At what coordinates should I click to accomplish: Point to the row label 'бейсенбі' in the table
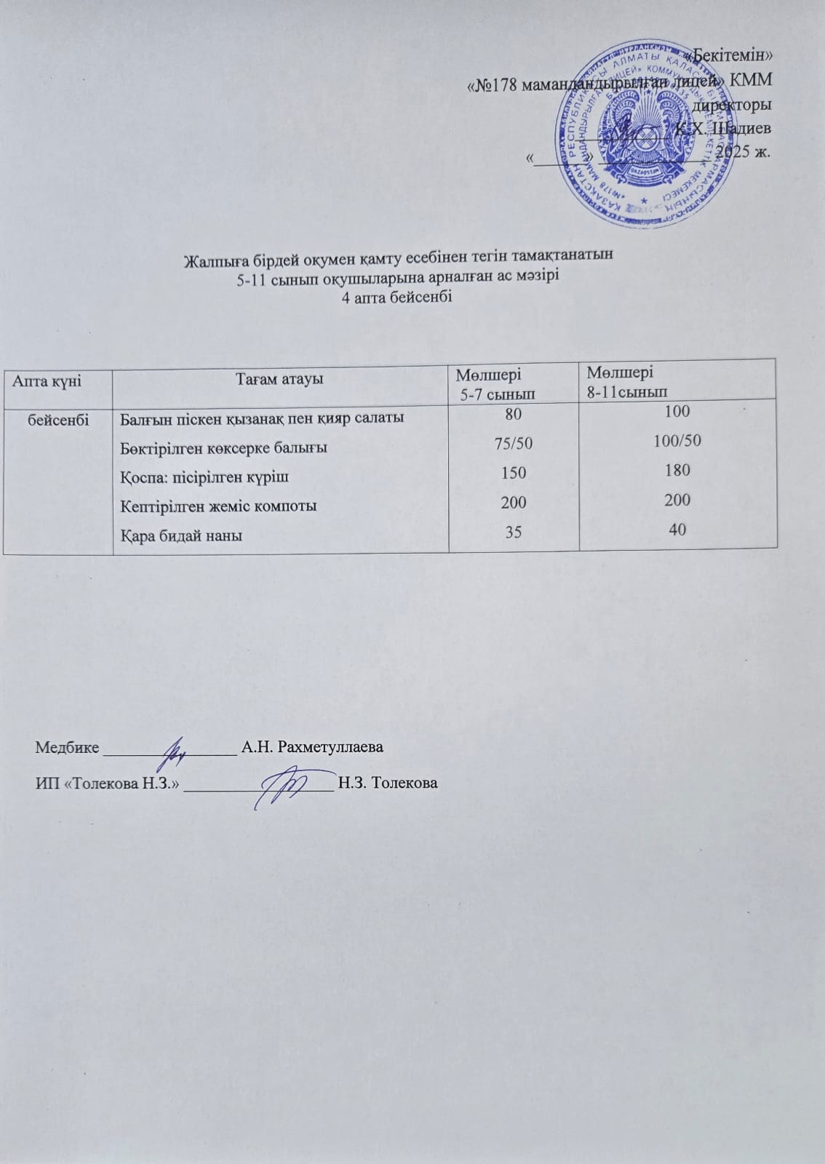(58, 418)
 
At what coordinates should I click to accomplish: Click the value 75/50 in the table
(513, 444)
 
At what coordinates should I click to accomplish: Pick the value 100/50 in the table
(677, 440)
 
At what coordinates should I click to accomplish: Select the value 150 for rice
(514, 473)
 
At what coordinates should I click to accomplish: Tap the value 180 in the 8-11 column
(677, 470)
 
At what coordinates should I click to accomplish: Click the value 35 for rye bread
(514, 532)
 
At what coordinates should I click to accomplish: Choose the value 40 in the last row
(677, 530)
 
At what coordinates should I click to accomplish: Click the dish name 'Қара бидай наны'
(181, 535)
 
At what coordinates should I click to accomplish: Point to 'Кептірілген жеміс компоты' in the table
(218, 506)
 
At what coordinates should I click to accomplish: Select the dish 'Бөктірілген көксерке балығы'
(223, 447)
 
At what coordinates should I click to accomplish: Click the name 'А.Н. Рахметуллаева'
(312, 747)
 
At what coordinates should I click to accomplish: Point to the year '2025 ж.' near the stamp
(742, 152)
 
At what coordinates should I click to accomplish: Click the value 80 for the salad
(514, 414)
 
